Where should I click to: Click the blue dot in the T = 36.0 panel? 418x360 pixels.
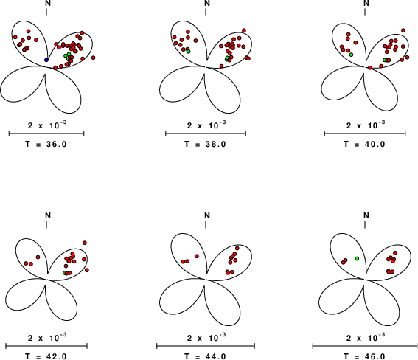click(46, 60)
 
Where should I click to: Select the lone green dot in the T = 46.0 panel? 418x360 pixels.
click(357, 258)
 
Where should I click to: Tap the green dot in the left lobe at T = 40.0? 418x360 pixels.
click(351, 55)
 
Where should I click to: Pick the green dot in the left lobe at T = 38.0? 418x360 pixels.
click(188, 51)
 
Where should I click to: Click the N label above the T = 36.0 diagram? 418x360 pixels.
click(48, 3)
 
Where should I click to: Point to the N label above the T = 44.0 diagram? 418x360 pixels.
click(207, 215)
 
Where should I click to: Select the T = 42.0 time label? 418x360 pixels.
click(46, 356)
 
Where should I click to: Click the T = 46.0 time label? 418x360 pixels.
click(365, 356)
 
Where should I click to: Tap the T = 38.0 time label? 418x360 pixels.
click(205, 144)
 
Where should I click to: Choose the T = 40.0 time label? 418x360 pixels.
click(365, 144)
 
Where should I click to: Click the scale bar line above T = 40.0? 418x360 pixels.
click(365, 134)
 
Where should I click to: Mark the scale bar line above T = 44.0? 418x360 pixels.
click(206, 346)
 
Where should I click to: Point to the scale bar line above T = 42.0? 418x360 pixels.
click(46, 346)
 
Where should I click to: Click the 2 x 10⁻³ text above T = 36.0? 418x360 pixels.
click(47, 125)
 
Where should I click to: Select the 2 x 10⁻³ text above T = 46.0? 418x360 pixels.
click(366, 337)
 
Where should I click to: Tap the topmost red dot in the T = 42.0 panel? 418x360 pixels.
click(85, 243)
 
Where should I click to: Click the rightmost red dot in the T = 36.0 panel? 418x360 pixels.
click(93, 58)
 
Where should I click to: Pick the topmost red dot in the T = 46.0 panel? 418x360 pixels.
click(395, 252)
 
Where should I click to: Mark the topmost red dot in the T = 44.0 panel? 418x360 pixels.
click(237, 249)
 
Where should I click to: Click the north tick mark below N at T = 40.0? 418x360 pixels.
click(365, 12)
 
